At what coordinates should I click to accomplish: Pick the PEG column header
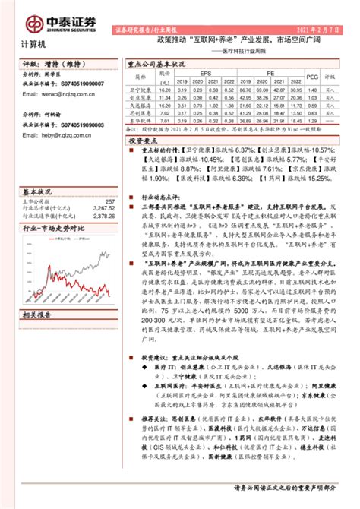pos(311,76)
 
